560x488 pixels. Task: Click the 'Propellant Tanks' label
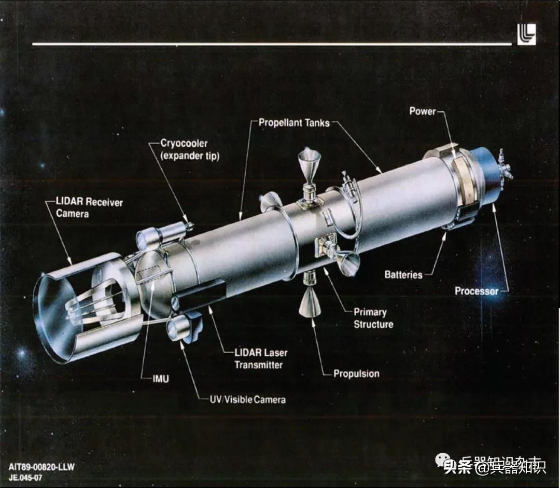293,123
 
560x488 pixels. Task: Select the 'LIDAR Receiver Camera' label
89,207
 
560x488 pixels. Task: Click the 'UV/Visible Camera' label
243,399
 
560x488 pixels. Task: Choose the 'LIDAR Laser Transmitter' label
260,358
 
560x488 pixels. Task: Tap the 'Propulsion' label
356,373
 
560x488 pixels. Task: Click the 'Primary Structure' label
373,318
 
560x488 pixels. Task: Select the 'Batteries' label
403,275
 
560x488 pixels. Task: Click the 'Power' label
423,111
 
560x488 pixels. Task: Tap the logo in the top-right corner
526,35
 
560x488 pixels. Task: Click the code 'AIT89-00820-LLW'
41,467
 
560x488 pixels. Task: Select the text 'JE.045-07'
26,478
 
